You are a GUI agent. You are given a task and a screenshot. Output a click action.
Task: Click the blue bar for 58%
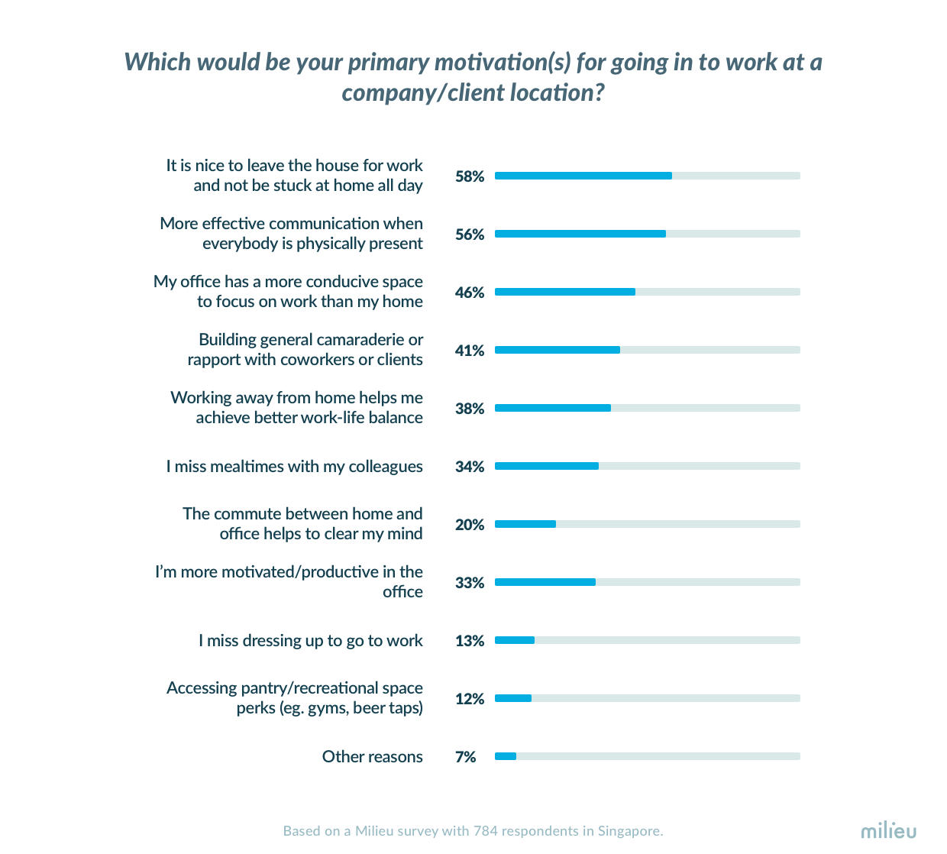point(583,176)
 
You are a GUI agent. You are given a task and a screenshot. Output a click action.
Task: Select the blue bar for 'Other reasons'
point(506,756)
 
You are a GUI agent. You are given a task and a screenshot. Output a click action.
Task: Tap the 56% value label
point(470,235)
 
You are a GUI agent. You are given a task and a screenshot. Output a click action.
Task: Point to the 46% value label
point(470,293)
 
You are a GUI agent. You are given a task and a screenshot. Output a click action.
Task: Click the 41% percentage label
point(470,351)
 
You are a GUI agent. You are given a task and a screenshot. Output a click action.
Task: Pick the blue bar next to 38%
point(553,408)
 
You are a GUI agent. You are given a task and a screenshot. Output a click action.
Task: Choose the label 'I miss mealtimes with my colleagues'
point(294,467)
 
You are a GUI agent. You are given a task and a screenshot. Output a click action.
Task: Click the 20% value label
point(470,525)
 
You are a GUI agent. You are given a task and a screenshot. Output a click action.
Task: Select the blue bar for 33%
point(545,582)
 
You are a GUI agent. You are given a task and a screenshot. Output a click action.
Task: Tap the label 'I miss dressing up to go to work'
point(310,641)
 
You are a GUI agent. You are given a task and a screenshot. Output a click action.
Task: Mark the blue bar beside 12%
point(513,698)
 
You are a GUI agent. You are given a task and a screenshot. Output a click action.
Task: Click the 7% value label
point(465,757)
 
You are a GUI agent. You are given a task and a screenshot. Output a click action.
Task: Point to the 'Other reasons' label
point(372,757)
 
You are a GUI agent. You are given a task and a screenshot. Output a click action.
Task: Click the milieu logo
point(888,830)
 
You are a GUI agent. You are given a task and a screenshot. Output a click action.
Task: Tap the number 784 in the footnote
point(486,831)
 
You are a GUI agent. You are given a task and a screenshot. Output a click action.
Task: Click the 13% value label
point(470,641)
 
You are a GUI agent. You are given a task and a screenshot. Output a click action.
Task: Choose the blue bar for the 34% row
point(547,466)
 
